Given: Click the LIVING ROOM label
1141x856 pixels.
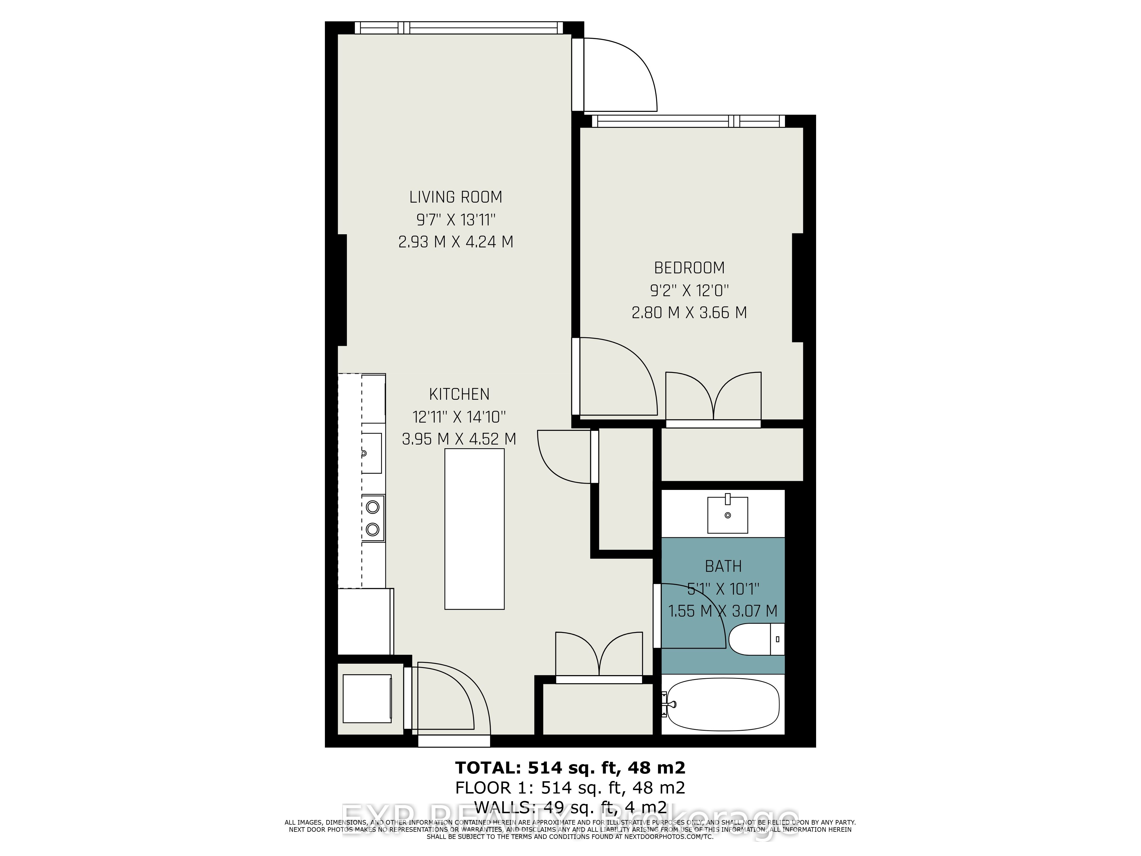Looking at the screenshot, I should (x=456, y=197).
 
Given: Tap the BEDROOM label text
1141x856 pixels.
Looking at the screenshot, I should (x=689, y=268).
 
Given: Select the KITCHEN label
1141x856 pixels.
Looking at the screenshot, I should (x=459, y=394).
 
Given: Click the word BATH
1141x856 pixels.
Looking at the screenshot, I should (x=723, y=567).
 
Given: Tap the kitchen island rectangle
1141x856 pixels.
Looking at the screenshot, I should (x=474, y=529).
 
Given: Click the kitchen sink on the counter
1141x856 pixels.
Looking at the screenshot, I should (x=371, y=453).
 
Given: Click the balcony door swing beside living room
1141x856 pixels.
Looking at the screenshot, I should (x=619, y=75).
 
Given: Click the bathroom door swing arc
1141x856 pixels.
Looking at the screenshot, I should (x=691, y=614).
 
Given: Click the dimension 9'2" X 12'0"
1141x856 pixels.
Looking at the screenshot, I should (x=689, y=290).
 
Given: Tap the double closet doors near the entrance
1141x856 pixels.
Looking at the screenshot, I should (x=599, y=655).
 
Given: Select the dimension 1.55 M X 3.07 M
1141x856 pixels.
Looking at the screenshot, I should (x=723, y=611).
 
